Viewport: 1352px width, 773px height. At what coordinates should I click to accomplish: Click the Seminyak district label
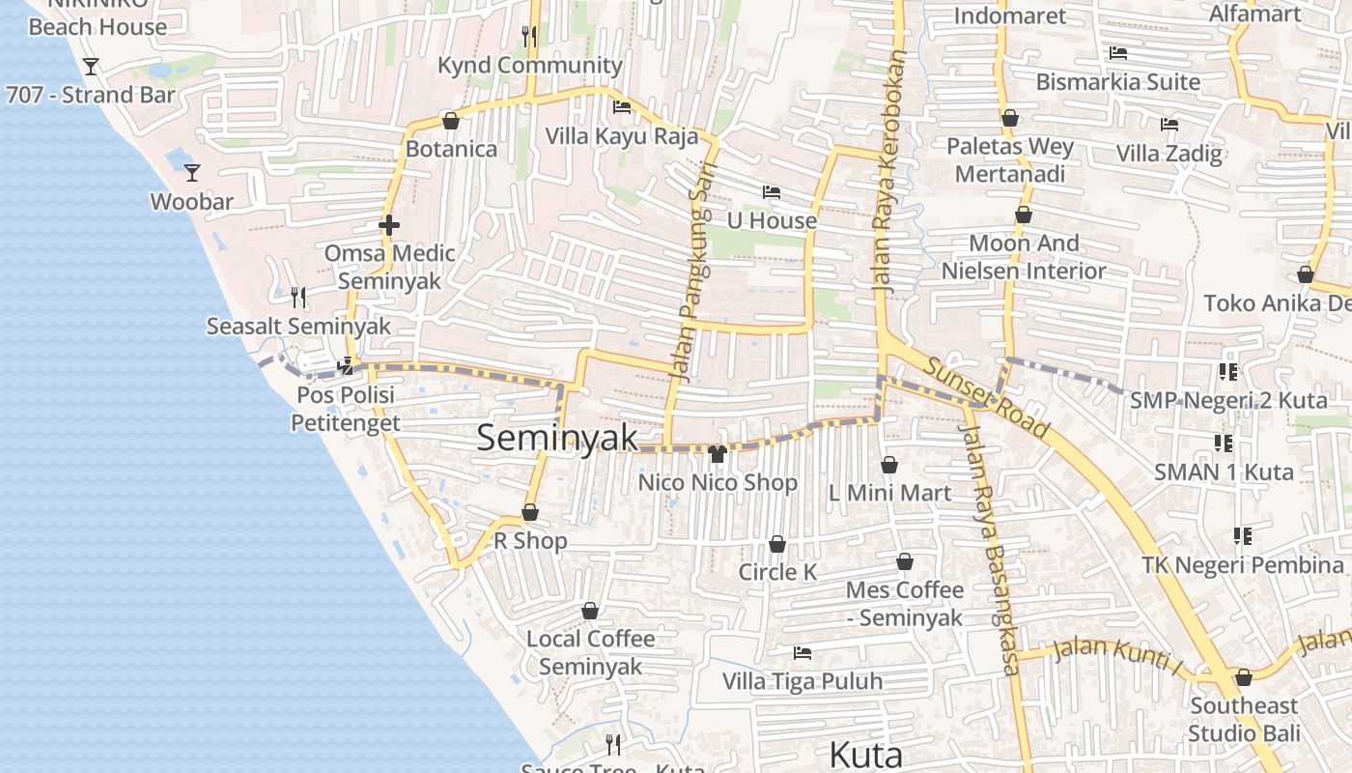tap(557, 438)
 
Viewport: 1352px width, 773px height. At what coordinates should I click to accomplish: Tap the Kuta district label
tap(865, 755)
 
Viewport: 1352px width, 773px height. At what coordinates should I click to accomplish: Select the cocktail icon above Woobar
tap(192, 172)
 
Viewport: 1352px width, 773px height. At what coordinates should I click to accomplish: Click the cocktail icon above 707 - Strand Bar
tap(91, 66)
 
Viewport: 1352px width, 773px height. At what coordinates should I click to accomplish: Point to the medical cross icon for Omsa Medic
tap(389, 225)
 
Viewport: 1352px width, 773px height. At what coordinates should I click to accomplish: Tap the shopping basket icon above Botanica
tap(450, 121)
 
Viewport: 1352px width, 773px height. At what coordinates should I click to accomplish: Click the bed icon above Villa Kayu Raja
tap(622, 107)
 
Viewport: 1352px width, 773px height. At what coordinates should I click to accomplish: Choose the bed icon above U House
tap(771, 192)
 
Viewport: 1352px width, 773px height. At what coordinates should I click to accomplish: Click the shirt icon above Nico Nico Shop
tap(717, 453)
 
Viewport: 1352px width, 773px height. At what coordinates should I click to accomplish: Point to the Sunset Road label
tap(985, 397)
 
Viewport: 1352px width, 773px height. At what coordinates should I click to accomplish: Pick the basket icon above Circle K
tap(776, 545)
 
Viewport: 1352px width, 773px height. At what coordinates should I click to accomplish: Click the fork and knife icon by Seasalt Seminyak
tap(298, 297)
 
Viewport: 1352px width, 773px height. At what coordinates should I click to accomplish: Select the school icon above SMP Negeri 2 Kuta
tap(1228, 372)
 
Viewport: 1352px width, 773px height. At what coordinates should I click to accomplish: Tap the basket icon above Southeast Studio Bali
tap(1243, 677)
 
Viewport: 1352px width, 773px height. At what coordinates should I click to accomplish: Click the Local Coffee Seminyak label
tap(590, 652)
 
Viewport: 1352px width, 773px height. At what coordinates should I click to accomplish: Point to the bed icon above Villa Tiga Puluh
tap(802, 653)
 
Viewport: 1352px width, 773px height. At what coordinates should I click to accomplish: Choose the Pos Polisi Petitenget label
tap(345, 409)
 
